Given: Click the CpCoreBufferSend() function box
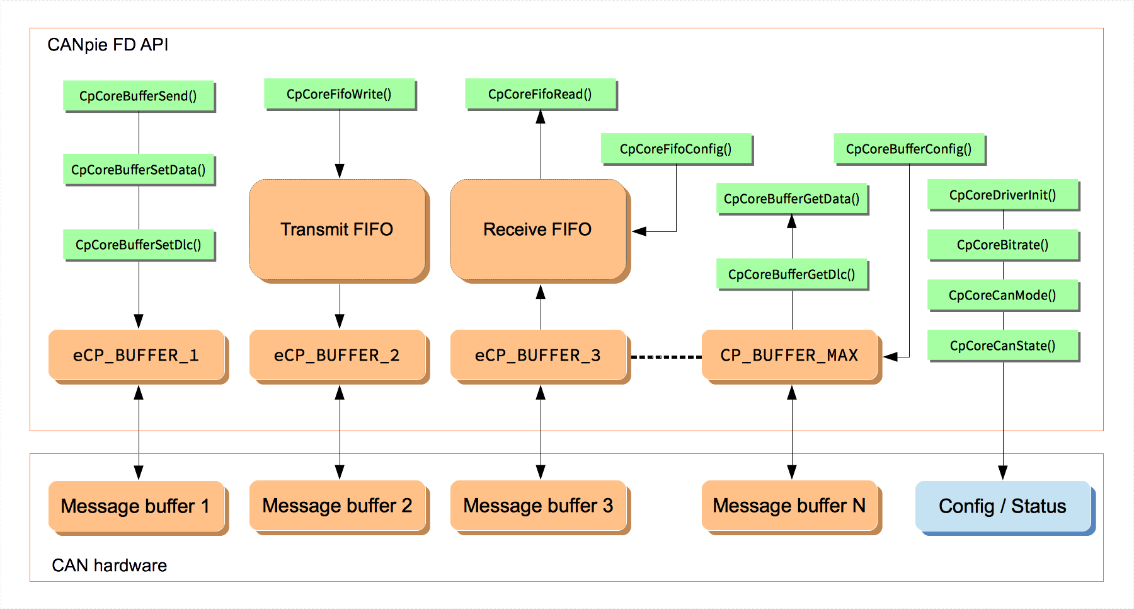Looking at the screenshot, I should (x=138, y=96).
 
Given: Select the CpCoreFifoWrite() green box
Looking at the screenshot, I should (x=339, y=94).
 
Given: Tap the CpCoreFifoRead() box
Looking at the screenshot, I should (x=540, y=94).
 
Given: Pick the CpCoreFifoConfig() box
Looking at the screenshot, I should (x=675, y=149).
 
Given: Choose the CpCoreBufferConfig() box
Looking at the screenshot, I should (x=908, y=149).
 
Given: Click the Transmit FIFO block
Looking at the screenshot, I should (x=337, y=229).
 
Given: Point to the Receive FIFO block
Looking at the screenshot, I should (x=538, y=229).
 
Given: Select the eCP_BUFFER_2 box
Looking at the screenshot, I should (x=337, y=355).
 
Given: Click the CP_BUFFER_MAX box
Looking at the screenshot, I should (x=789, y=355).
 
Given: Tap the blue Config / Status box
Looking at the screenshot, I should (x=1002, y=506).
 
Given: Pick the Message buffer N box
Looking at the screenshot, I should (x=789, y=506).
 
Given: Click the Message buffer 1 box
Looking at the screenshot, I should (x=135, y=506).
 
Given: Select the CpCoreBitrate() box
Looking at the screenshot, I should (x=1002, y=245).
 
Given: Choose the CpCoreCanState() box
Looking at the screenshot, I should (x=1002, y=345).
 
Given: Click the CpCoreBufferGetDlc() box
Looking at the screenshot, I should (x=791, y=274).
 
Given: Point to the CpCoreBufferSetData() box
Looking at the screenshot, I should (x=138, y=170).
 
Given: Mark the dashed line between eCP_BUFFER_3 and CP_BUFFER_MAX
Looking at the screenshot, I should (x=666, y=357).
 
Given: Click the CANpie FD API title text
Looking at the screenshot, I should (x=108, y=45).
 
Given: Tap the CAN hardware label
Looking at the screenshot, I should (x=109, y=565).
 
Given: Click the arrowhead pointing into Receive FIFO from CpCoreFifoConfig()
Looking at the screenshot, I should (x=639, y=231).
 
